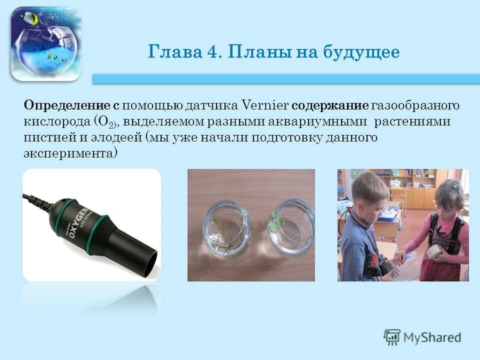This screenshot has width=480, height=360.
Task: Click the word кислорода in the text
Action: pos(55,122)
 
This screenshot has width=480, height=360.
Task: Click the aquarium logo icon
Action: pos(45,44)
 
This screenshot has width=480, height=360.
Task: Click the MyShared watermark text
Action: pos(432,337)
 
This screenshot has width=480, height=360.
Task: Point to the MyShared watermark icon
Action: pos(392,337)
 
